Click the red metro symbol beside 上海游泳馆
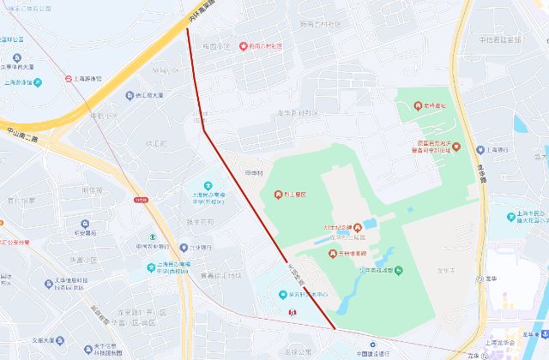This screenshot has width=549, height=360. [68, 79]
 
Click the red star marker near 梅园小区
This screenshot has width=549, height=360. [244, 45]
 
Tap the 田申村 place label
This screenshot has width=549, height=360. [254, 173]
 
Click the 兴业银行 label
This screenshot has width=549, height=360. [201, 247]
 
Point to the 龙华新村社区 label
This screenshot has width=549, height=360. [297, 112]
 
